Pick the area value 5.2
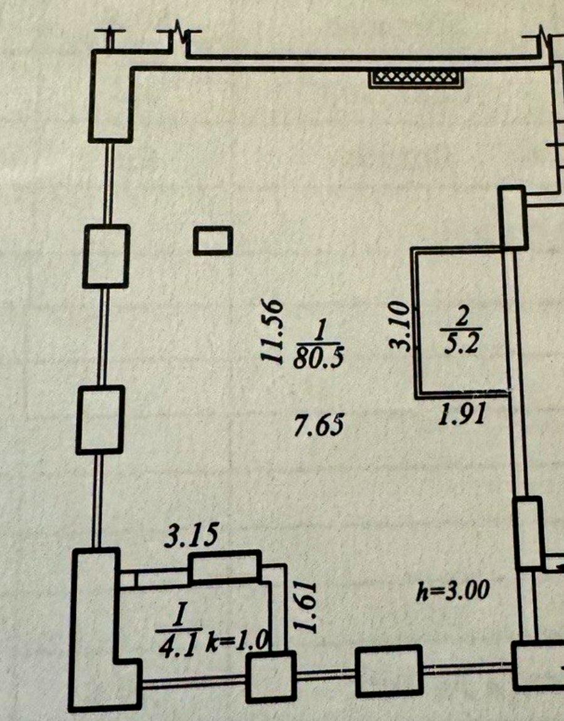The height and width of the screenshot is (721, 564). (462, 345)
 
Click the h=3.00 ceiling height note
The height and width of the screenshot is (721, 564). (452, 590)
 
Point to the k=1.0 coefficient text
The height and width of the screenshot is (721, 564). (238, 641)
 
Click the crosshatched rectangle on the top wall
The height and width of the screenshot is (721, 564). (417, 77)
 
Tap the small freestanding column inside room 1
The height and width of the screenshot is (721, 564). (213, 241)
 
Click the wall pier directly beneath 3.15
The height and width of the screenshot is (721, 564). (225, 567)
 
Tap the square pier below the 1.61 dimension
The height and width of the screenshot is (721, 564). (270, 676)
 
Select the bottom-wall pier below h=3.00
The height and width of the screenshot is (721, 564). (389, 671)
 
